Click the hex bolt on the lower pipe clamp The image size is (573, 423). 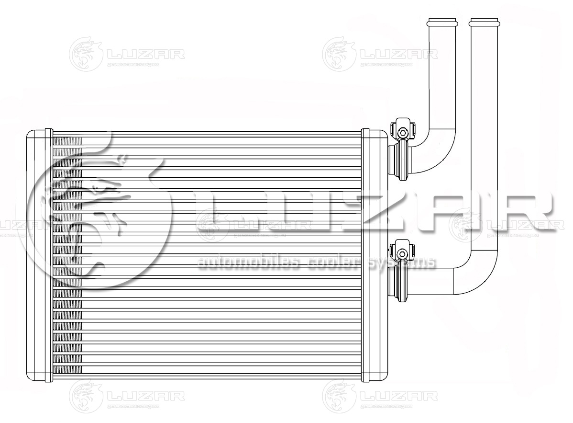tap(403, 252)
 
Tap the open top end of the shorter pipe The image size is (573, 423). tap(442, 22)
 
